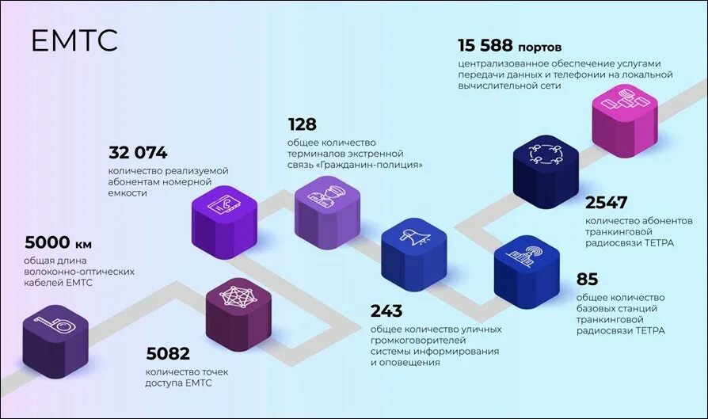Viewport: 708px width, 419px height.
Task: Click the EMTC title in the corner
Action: pos(74,41)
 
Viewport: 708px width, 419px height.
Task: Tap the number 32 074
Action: pos(138,152)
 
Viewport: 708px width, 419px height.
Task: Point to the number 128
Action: pos(302,124)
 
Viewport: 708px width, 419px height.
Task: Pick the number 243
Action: pos(386,310)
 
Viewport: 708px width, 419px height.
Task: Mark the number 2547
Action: pos(607,202)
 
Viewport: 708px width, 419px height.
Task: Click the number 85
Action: pos(587,279)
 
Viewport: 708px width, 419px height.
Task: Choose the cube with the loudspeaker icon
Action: pos(414,249)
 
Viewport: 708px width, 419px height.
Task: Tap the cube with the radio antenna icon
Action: pos(527,265)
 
